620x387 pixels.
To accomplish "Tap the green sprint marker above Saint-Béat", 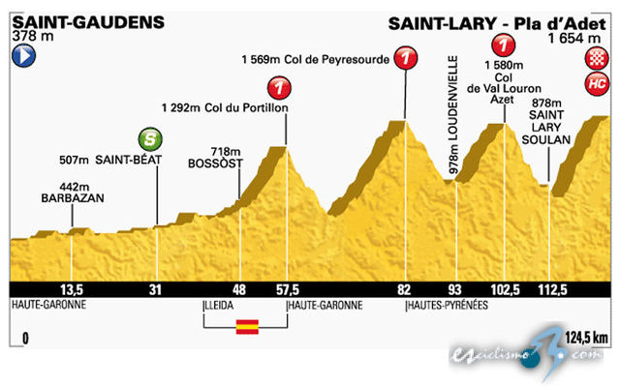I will click(x=150, y=138).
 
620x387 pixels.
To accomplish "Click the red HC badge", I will click(x=596, y=84).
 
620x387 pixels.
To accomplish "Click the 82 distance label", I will click(x=404, y=289).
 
